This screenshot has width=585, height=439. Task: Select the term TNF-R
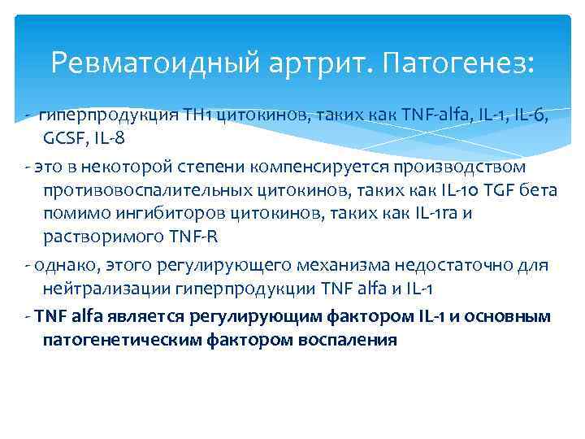(190, 236)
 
